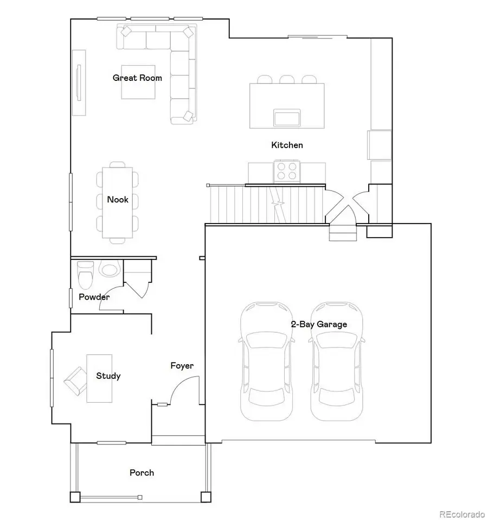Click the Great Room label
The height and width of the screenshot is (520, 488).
pos(137,78)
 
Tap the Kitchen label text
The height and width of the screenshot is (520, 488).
pos(287,145)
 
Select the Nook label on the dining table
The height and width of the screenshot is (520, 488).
pos(118,200)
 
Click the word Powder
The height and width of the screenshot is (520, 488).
pos(94,297)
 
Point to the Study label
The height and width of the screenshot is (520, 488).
pos(108,376)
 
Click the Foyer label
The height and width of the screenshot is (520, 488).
pos(182,366)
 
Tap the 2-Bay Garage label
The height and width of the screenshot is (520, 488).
pos(319,325)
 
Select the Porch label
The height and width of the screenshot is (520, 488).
pos(142,473)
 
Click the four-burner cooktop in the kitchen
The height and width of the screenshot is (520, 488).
pos(287,171)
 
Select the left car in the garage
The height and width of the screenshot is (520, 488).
pos(266,361)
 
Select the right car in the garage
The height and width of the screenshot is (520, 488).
pos(336,361)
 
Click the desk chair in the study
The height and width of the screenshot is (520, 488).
pos(75,380)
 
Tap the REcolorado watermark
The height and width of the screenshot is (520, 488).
pos(462,513)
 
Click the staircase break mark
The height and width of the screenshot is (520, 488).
pos(279,205)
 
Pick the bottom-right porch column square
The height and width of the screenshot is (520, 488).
pos(206,497)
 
